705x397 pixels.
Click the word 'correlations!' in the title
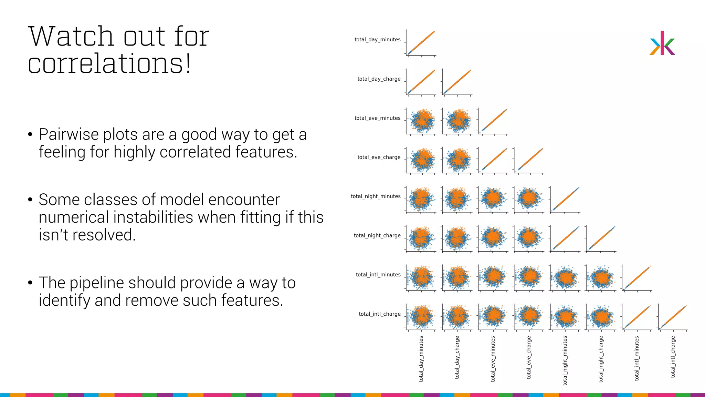[109, 64]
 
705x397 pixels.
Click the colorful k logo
[662, 43]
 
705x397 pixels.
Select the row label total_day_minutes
[377, 40]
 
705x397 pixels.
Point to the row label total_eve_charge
[379, 157]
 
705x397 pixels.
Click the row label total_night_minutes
[376, 196]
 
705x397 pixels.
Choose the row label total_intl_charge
[379, 314]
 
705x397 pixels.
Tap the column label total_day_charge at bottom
[457, 358]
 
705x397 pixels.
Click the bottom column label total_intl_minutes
[636, 358]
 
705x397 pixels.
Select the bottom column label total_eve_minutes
[493, 359]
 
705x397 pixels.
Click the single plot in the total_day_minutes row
[421, 43]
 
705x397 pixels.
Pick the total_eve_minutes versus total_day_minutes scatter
[421, 121]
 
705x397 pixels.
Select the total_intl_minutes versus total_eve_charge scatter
[529, 277]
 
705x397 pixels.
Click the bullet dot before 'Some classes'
[30, 200]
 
